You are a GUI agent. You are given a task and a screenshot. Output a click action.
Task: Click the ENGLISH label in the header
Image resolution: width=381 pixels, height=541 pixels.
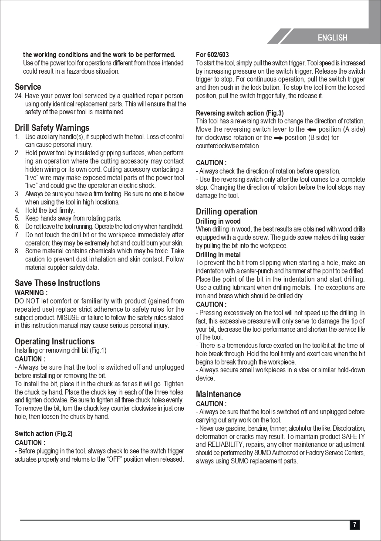tap(332, 38)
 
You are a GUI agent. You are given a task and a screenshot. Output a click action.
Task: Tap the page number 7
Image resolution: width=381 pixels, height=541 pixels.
tap(354, 524)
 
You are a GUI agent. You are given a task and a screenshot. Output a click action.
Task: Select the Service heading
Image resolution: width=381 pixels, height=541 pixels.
tap(28, 87)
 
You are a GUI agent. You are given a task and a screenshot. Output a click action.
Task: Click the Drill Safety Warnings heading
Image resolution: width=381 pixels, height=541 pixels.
tap(52, 128)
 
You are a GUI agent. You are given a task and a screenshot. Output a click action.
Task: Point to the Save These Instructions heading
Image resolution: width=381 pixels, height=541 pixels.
tap(57, 283)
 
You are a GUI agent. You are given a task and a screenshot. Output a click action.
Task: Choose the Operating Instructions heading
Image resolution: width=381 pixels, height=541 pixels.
tap(54, 341)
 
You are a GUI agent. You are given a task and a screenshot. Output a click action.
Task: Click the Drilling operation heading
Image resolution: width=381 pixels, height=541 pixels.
tap(226, 211)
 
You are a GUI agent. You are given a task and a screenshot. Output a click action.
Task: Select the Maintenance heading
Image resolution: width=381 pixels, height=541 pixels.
tap(218, 394)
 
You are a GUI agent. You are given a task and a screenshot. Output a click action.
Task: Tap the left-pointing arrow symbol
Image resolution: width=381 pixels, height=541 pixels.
tap(311, 129)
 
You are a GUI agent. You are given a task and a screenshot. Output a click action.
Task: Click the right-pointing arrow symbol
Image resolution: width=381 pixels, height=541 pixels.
tap(278, 138)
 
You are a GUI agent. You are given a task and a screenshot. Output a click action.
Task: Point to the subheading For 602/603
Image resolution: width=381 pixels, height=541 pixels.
tap(212, 55)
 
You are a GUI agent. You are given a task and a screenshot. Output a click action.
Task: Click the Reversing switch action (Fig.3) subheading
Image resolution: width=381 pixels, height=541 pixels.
tap(239, 113)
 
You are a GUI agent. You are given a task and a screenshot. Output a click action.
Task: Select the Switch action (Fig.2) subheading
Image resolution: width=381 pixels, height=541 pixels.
tap(44, 434)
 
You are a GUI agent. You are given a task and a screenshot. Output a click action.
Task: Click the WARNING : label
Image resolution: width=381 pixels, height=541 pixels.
tap(31, 293)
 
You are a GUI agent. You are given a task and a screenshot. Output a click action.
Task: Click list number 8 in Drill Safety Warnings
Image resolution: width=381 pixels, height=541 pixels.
tap(17, 251)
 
